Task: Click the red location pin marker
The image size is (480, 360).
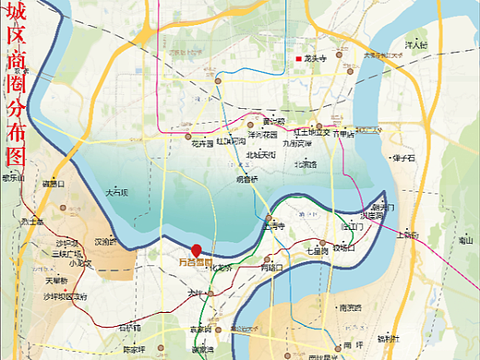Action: [196, 249]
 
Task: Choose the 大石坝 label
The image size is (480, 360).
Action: [117, 193]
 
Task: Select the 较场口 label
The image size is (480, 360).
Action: [343, 246]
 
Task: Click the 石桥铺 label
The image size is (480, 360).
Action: [130, 327]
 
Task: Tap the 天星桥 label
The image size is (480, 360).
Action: [55, 280]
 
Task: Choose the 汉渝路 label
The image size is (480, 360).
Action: [107, 242]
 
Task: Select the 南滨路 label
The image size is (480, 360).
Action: [351, 306]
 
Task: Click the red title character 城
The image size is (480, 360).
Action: [16, 17]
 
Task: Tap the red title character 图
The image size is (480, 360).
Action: [16, 152]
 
